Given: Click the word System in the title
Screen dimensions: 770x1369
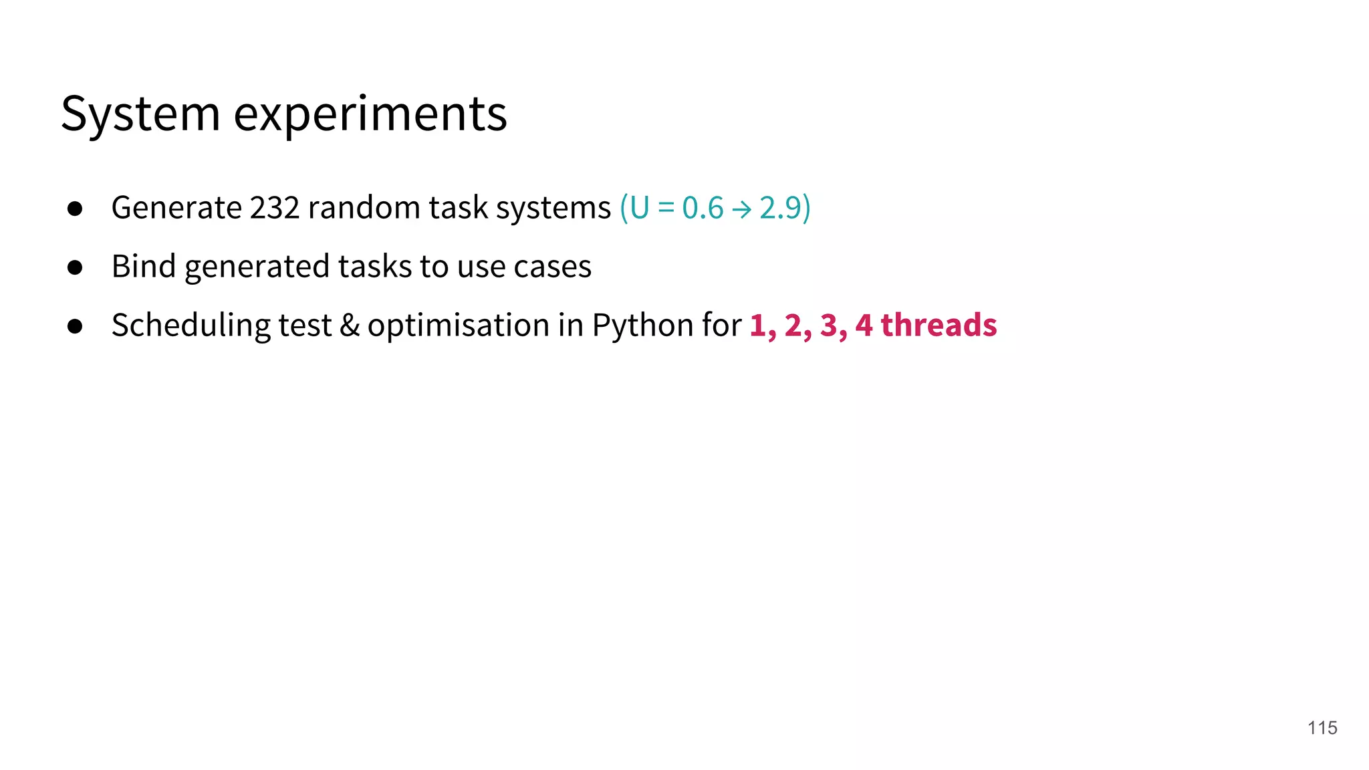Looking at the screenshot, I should coord(140,114).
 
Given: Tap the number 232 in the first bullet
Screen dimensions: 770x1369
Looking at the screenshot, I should coord(275,208).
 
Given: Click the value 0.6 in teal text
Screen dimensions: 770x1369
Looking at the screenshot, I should coord(703,208).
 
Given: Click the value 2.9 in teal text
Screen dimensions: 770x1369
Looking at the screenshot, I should coord(780,208).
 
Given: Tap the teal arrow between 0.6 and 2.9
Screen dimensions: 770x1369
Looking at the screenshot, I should coord(741,210).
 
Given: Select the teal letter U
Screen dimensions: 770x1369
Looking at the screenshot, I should coord(639,208).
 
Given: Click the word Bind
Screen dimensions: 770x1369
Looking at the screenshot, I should coord(144,266).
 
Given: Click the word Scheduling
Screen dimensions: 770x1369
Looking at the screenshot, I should coord(191,326).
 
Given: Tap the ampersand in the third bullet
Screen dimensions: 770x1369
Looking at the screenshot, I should coord(350,326).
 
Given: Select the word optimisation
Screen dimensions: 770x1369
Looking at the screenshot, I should coord(458,326).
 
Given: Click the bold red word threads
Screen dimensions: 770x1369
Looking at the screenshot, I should coord(939,325).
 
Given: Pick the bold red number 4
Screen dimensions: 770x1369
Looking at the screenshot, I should coord(864,326).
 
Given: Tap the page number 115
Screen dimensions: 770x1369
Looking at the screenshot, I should coord(1322,728).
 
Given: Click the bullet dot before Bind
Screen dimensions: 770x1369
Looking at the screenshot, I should coord(75,267).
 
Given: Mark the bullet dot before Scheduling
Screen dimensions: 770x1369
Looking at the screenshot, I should coord(75,326).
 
